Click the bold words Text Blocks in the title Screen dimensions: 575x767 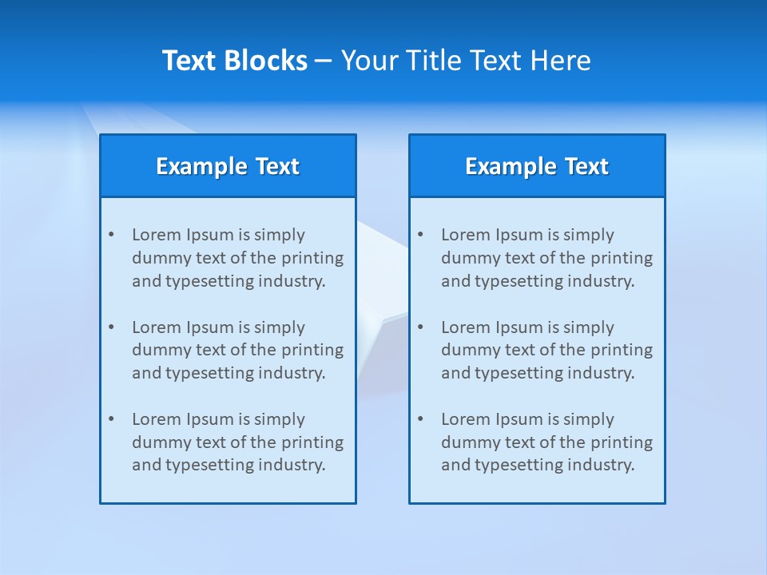point(234,61)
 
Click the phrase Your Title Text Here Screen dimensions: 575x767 point(466,61)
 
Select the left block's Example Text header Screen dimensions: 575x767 point(228,166)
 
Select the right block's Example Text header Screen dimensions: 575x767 point(537,166)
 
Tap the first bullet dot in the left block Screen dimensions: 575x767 point(111,235)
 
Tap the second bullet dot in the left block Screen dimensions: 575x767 point(111,327)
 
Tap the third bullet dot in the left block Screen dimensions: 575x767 point(111,419)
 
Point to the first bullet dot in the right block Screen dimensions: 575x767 point(420,235)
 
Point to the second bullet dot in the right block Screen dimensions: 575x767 point(420,327)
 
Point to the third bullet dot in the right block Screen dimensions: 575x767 point(420,419)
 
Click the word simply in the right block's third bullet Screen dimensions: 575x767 point(590,419)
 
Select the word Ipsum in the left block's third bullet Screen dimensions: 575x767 point(210,419)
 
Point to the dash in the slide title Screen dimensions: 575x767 point(324,61)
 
